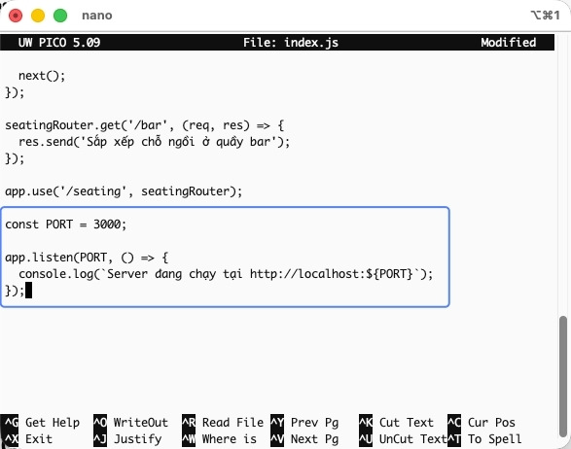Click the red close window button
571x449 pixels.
click(x=16, y=16)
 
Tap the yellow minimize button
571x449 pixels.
click(x=38, y=16)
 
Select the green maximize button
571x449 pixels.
click(x=60, y=16)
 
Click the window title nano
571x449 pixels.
click(x=97, y=16)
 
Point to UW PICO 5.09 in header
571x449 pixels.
click(x=59, y=43)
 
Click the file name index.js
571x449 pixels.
click(x=311, y=43)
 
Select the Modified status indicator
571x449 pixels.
click(x=509, y=43)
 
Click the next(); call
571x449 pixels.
click(x=42, y=76)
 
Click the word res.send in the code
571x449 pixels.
click(x=46, y=142)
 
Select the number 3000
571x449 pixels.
click(x=107, y=224)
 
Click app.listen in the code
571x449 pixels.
click(x=39, y=258)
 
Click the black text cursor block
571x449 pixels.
click(x=28, y=290)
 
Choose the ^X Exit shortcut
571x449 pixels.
click(x=28, y=439)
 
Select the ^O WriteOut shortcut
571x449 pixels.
click(x=130, y=423)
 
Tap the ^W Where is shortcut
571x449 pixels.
click(x=219, y=439)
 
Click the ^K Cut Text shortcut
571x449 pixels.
click(x=396, y=423)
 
